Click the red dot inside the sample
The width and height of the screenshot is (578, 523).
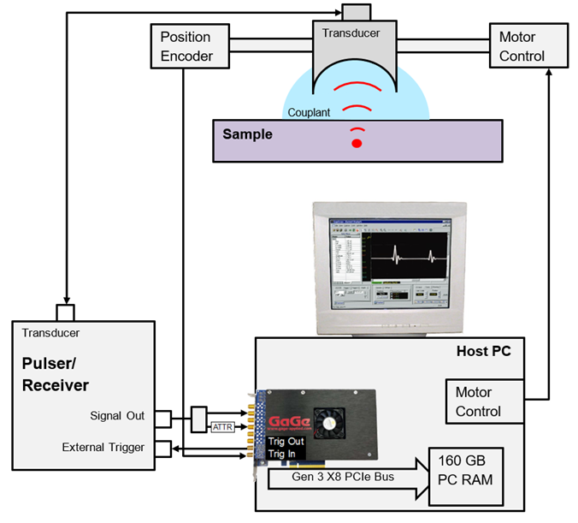pyautogui.click(x=357, y=142)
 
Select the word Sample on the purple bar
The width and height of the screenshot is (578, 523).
pyautogui.click(x=247, y=134)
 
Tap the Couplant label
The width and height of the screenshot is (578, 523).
pyautogui.click(x=309, y=112)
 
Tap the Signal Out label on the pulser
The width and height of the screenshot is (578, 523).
pyautogui.click(x=117, y=416)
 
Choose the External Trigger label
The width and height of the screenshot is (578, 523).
pyautogui.click(x=103, y=447)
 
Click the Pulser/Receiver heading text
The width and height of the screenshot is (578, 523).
pyautogui.click(x=56, y=374)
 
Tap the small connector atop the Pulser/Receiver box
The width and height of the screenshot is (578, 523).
pyautogui.click(x=66, y=312)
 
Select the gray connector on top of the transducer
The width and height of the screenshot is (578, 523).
pyautogui.click(x=355, y=12)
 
